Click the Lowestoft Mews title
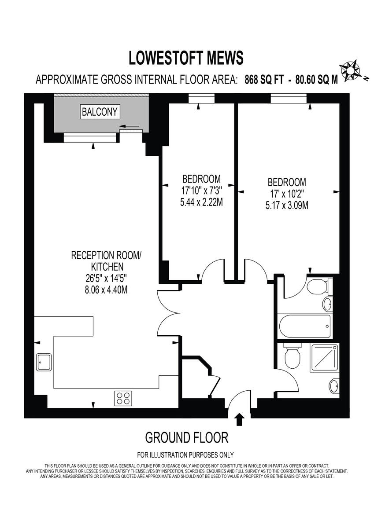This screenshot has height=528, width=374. [x=186, y=58]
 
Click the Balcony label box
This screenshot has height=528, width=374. [x=100, y=112]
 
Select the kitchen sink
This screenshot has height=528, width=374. [x=44, y=362]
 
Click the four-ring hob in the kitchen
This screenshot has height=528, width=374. [x=124, y=398]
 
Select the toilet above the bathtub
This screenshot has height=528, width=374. [x=316, y=288]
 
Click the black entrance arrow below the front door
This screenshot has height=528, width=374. [x=240, y=420]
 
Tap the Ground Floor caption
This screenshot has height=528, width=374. [x=187, y=437]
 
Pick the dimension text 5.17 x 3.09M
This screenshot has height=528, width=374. [x=287, y=205]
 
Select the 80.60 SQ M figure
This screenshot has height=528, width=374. [x=316, y=80]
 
